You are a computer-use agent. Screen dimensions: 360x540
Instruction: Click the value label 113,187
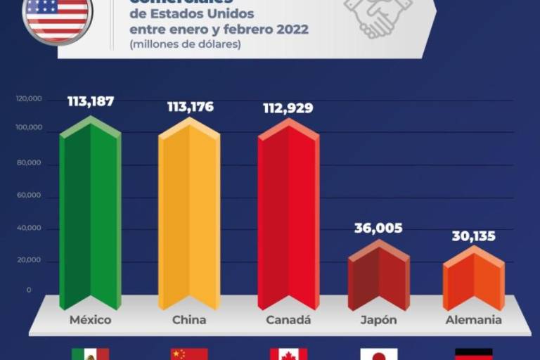point(91,101)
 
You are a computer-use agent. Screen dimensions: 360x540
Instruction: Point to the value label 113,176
point(190,107)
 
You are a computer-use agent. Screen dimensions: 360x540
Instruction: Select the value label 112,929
point(288,108)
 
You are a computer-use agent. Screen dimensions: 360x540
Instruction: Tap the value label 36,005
point(378,228)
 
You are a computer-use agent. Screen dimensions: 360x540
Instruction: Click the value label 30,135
point(473,236)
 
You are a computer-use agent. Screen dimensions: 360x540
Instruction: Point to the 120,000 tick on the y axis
point(28,99)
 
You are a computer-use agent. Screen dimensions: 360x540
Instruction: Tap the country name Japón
point(378,320)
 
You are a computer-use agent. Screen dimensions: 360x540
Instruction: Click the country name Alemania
point(474,320)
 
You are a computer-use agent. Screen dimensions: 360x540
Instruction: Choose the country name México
point(91,320)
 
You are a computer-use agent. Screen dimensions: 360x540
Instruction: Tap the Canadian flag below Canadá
point(288,354)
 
